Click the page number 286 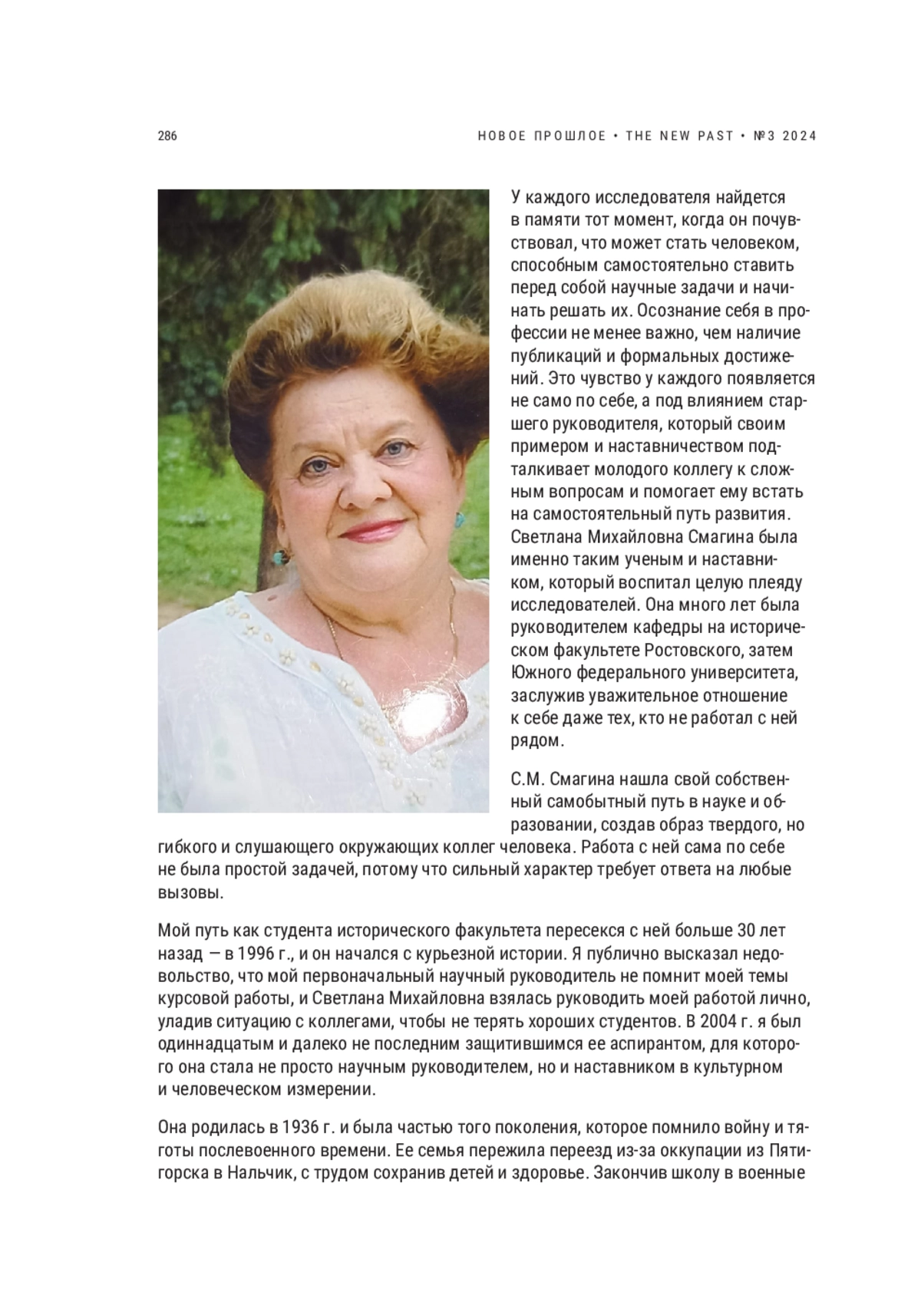(x=167, y=137)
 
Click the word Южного (x=538, y=674)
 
